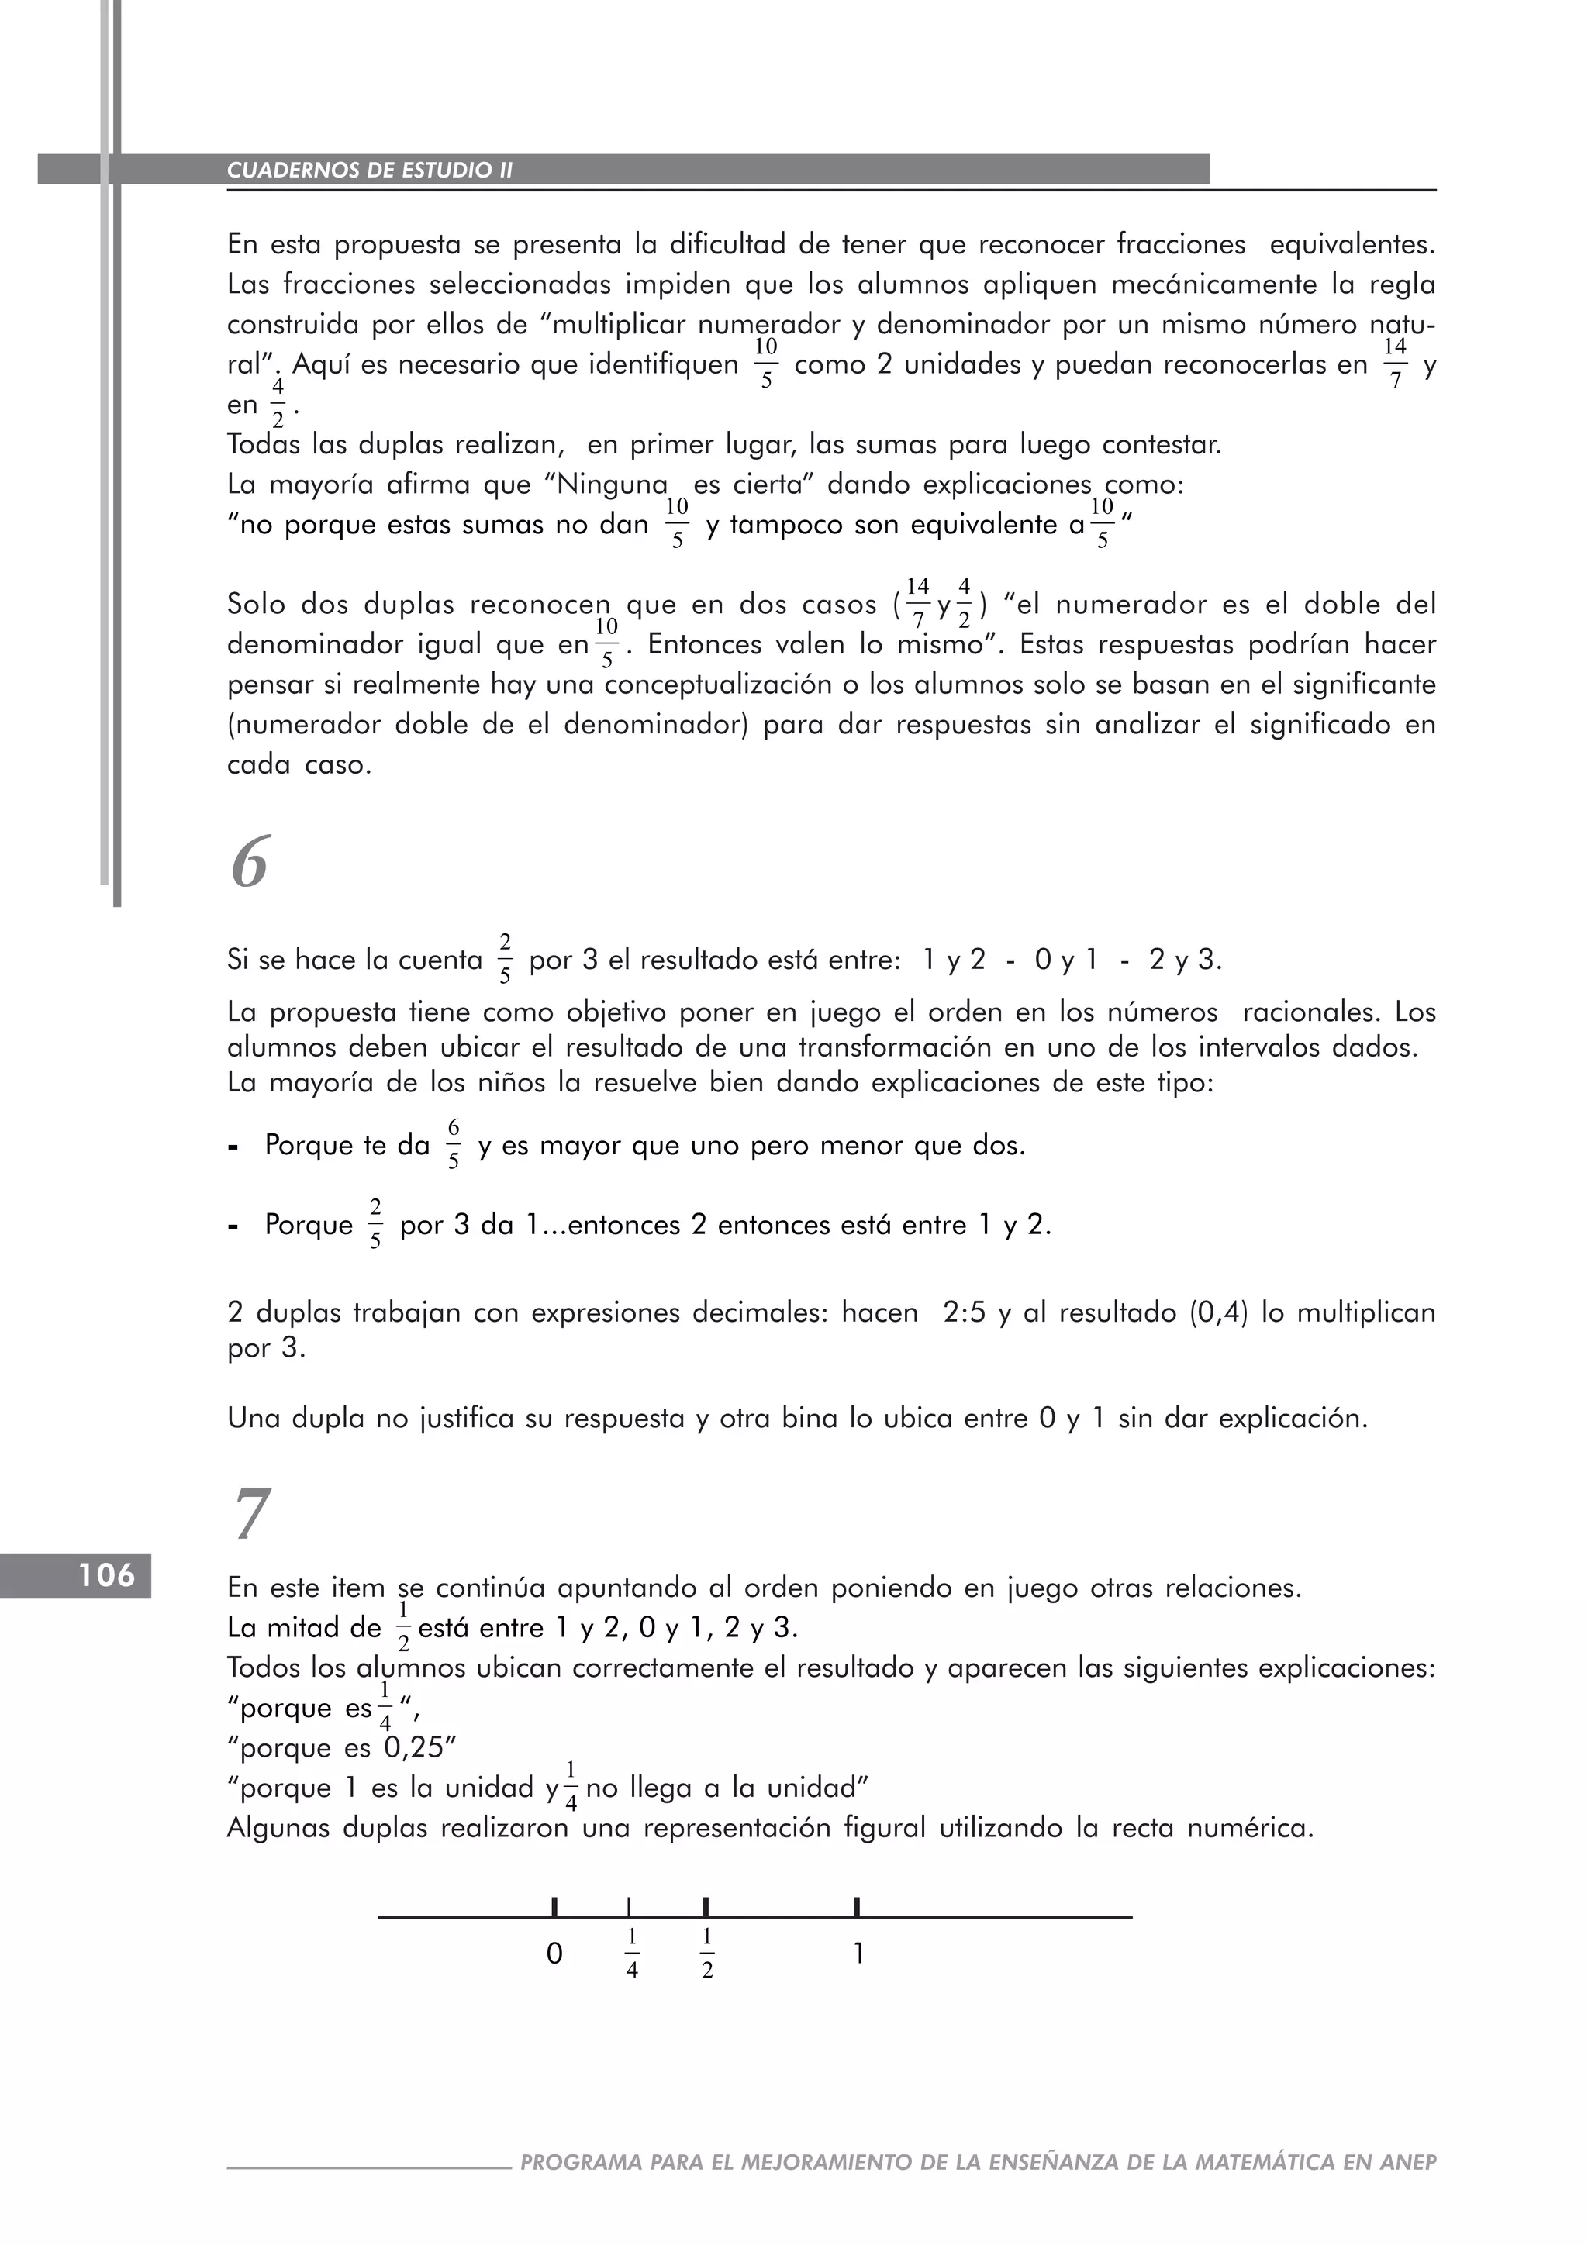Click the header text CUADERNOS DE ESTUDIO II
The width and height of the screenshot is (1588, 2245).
coord(370,170)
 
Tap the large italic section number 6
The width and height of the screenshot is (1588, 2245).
coord(250,864)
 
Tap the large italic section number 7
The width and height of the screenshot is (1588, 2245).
coord(250,1515)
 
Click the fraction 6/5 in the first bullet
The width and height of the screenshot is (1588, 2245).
coord(454,1145)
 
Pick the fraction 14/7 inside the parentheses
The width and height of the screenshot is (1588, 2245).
coord(917,604)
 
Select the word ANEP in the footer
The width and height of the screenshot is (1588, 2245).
coord(1408,2162)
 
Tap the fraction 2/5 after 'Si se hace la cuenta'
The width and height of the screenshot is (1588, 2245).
coord(505,959)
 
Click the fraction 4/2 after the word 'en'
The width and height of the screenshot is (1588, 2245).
coord(278,405)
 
